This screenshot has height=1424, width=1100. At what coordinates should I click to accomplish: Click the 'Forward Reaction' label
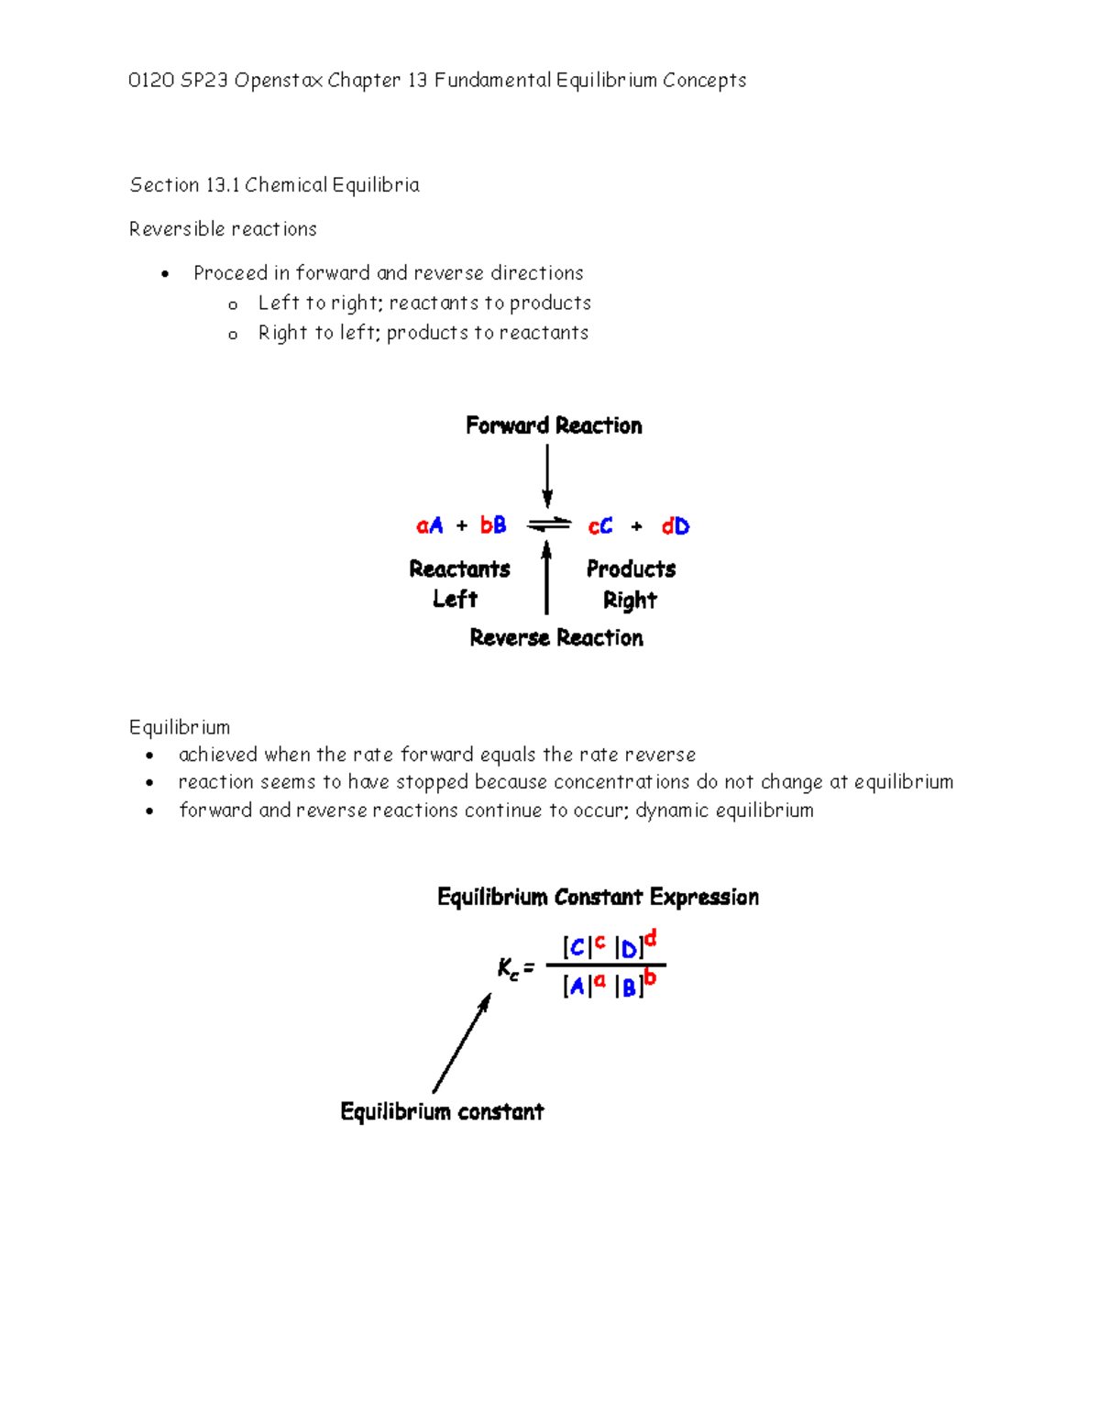[554, 425]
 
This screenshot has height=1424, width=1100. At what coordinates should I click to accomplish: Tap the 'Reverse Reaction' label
[555, 637]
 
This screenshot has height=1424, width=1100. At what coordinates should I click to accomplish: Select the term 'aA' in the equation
[429, 525]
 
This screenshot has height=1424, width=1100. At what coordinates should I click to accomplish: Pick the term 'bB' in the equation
[493, 525]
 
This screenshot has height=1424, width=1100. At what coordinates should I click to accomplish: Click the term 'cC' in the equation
[600, 526]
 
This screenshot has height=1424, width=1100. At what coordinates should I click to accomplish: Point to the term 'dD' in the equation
[676, 526]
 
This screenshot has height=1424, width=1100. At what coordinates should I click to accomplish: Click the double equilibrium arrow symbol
[549, 525]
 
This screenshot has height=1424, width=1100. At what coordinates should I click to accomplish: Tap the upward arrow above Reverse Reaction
[547, 578]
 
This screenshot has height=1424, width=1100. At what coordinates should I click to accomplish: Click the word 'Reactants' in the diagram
[459, 569]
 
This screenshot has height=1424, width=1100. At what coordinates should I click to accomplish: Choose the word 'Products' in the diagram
[631, 569]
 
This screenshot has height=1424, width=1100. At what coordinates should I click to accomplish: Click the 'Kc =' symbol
[515, 968]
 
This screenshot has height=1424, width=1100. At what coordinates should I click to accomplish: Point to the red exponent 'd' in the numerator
[651, 938]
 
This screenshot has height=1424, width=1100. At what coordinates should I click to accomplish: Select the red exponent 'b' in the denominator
[650, 977]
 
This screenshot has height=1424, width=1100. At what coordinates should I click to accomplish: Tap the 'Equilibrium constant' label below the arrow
[442, 1111]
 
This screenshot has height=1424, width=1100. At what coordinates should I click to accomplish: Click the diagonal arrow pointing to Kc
[462, 1043]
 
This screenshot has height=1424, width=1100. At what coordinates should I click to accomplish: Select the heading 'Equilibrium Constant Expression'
[598, 897]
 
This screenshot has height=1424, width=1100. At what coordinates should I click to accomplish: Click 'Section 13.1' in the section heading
[184, 185]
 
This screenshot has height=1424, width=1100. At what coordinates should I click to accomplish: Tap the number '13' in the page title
[418, 81]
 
